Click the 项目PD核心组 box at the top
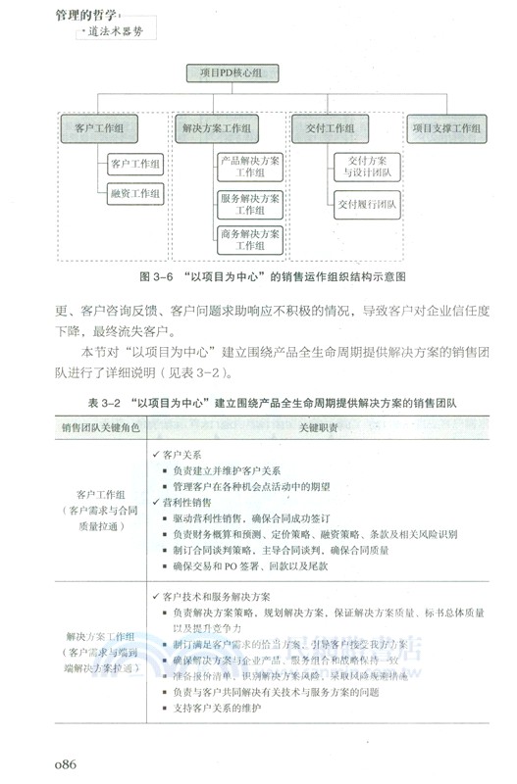pyautogui.click(x=231, y=73)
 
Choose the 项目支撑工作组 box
pyautogui.click(x=447, y=127)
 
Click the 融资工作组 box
pyautogui.click(x=134, y=194)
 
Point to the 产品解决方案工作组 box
pyautogui.click(x=249, y=166)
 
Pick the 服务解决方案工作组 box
pyautogui.click(x=249, y=204)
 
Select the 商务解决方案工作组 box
pyautogui.click(x=249, y=239)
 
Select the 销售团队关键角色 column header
pyautogui.click(x=101, y=428)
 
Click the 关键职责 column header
pyautogui.click(x=321, y=428)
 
